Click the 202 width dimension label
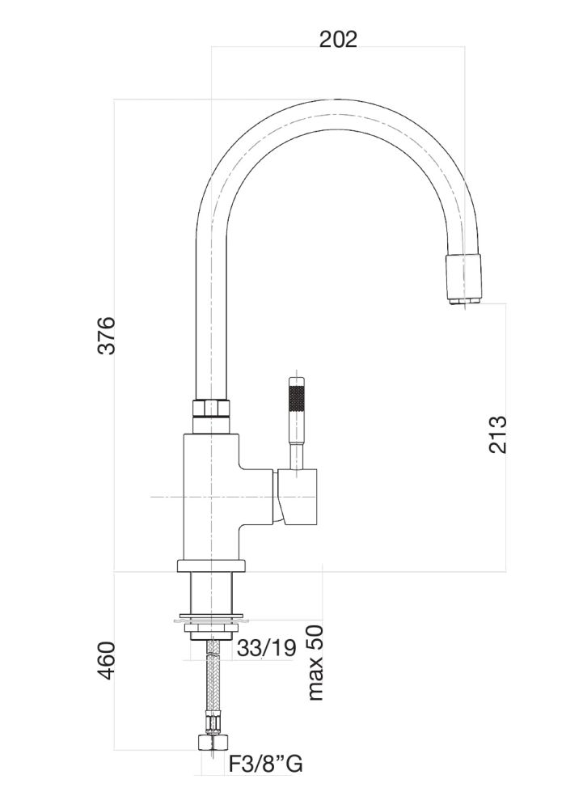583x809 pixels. pos(338,39)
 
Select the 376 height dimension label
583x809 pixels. pos(106,335)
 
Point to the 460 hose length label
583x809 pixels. pos(106,665)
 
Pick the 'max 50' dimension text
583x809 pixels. pos(315,662)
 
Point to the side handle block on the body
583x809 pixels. pos(301,495)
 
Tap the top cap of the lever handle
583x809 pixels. pos(298,381)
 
